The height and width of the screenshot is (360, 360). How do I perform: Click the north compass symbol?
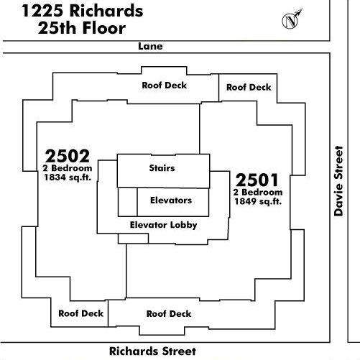click(291, 21)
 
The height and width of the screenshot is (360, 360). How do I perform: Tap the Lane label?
click(150, 46)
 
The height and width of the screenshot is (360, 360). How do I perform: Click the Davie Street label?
click(338, 181)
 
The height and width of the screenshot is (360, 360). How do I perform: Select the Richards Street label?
click(152, 351)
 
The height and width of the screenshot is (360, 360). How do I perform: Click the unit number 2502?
click(68, 156)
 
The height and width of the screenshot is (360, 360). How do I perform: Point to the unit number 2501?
click(257, 180)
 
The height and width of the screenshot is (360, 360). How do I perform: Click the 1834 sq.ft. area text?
click(68, 177)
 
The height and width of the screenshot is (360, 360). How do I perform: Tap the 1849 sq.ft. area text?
click(258, 201)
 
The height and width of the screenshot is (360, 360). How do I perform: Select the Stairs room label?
click(162, 168)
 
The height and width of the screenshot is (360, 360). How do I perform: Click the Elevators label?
click(171, 200)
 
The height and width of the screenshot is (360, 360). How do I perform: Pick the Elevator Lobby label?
click(164, 225)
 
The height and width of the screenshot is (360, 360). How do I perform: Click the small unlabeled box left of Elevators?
click(128, 202)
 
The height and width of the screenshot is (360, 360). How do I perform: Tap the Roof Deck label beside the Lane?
click(165, 86)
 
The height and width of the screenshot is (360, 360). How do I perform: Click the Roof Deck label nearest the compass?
click(249, 87)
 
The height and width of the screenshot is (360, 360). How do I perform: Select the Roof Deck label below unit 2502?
click(81, 313)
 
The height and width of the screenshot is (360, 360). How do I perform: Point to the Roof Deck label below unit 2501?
click(169, 314)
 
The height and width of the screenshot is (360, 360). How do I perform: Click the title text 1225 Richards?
click(83, 11)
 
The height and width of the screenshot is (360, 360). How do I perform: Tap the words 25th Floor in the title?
click(82, 28)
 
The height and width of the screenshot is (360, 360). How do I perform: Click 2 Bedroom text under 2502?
click(68, 168)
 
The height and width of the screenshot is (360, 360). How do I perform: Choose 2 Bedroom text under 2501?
click(258, 192)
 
